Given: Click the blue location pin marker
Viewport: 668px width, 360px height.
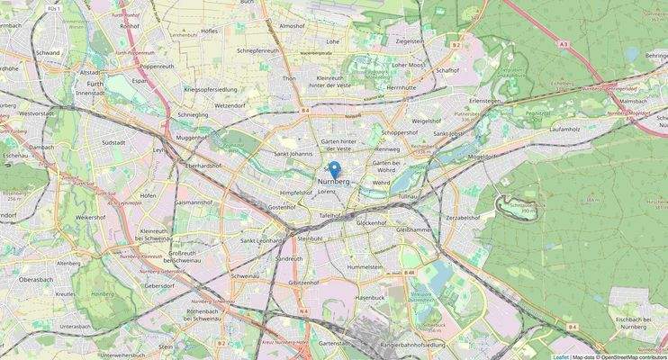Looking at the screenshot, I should (334, 169).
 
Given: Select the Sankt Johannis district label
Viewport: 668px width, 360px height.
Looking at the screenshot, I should (293, 153).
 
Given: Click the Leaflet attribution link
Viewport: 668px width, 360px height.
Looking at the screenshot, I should (560, 356).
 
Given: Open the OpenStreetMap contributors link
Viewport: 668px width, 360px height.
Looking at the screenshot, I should (633, 356).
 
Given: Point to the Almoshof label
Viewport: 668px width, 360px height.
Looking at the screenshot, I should (293, 26).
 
